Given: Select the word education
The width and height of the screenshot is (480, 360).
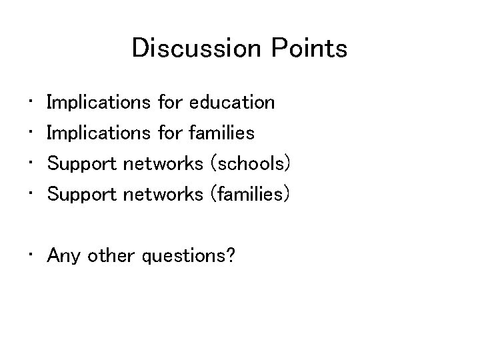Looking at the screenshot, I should (232, 103).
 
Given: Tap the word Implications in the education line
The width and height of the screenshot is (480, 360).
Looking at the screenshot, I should (99, 103).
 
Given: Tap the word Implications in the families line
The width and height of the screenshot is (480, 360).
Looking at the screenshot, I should (99, 133).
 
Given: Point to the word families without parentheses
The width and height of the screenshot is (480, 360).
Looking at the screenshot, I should (222, 133).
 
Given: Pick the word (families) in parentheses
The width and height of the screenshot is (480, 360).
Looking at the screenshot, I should (250, 195).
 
